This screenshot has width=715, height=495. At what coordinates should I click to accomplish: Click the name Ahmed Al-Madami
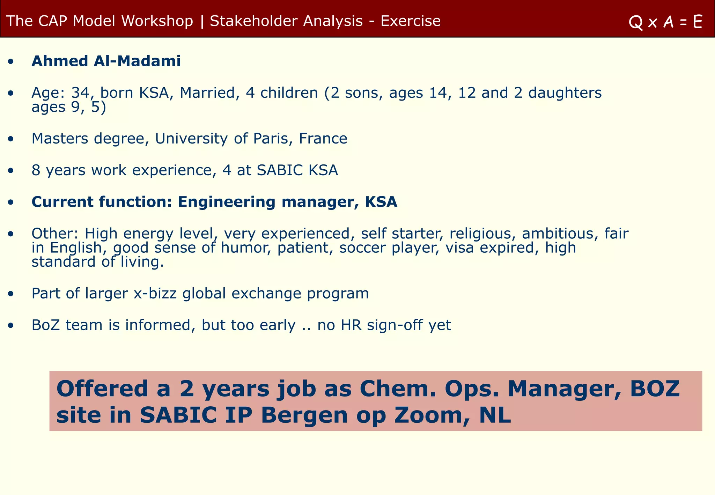[x=106, y=61]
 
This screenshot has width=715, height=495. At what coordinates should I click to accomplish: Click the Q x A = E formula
[x=665, y=22]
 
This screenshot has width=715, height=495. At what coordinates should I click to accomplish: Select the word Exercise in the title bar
[x=411, y=21]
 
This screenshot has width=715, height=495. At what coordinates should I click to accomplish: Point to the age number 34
[x=80, y=93]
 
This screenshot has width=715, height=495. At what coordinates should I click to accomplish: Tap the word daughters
[x=565, y=93]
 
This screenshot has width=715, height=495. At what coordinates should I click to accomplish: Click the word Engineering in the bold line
[x=227, y=202]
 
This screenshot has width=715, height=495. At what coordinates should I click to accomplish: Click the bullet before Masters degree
[x=12, y=139]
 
